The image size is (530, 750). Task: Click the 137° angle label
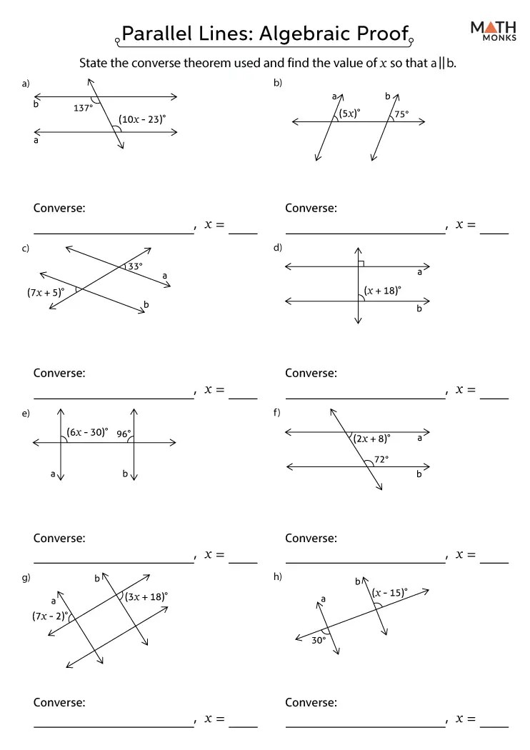pos(84,109)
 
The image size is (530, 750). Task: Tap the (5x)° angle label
pos(349,113)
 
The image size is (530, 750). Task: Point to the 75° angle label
pos(401,114)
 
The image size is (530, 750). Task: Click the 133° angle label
pos(133,266)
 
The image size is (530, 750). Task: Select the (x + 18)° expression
pos(382,290)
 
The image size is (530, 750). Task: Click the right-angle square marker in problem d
pos(361,264)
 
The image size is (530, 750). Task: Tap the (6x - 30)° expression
pos(87,432)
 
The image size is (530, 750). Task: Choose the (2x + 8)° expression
pos(371,439)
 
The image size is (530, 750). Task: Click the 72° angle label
pos(381,460)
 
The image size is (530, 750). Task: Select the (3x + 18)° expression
pos(146,596)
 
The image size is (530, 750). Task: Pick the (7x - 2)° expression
pos(49,615)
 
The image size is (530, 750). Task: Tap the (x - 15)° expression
pos(389,592)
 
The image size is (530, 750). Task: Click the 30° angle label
pos(318,641)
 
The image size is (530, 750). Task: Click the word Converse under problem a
pos(59,208)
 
